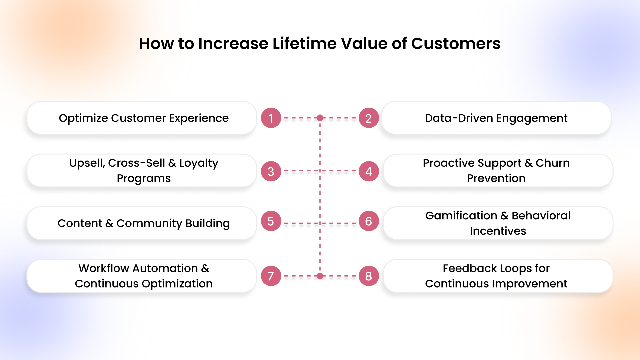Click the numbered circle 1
271,118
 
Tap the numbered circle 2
369,118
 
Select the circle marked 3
271,171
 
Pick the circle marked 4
369,171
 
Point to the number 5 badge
271,221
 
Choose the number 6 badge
369,221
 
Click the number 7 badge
271,276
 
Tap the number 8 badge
369,276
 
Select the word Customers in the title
456,44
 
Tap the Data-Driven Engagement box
496,118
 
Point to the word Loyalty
199,163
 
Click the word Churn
552,163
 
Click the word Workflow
104,268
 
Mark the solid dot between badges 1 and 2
320,118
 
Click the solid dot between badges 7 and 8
320,276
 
